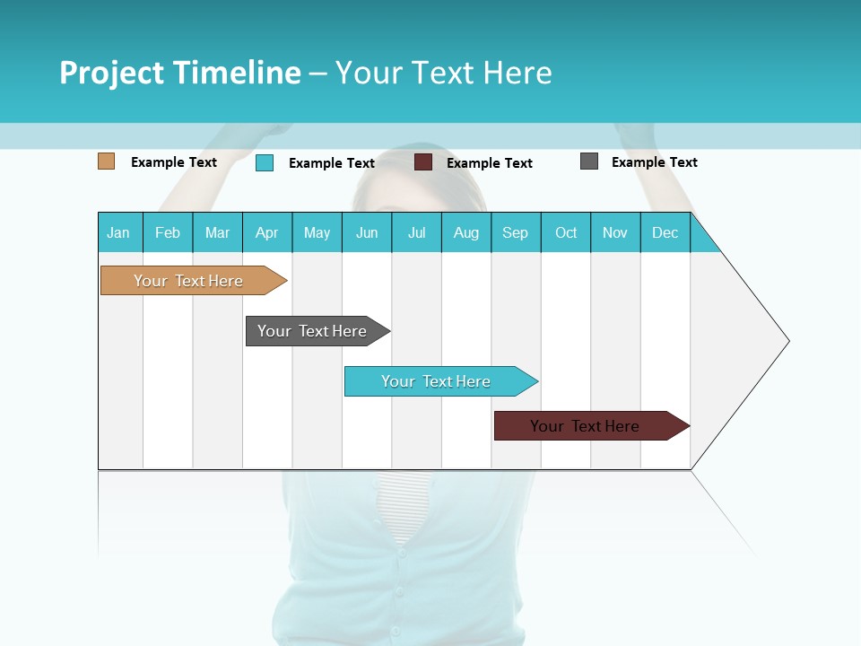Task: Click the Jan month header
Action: click(x=119, y=232)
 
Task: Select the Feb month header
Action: click(x=168, y=232)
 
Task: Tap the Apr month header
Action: click(x=267, y=232)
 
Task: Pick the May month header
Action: click(x=317, y=232)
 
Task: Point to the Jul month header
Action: click(x=416, y=232)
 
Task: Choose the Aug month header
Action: click(x=466, y=232)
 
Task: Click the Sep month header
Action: click(x=516, y=232)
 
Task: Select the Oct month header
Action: click(x=566, y=232)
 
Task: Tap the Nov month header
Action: click(x=615, y=232)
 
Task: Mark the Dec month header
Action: click(x=665, y=232)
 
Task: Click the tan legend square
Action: click(x=106, y=161)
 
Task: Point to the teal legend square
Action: click(x=265, y=162)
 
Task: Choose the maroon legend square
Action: click(x=423, y=162)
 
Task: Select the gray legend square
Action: click(x=589, y=161)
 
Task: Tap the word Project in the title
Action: click(x=110, y=73)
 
